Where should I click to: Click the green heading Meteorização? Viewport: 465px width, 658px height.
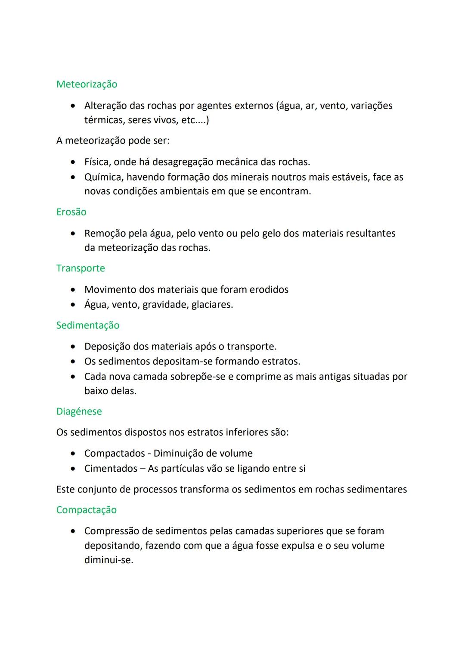pyautogui.click(x=87, y=84)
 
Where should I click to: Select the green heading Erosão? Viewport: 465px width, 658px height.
pyautogui.click(x=71, y=212)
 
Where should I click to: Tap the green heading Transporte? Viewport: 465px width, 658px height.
pyautogui.click(x=81, y=268)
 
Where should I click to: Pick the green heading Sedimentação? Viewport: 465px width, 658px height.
pyautogui.click(x=88, y=325)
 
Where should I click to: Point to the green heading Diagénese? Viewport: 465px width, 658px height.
pyautogui.click(x=79, y=412)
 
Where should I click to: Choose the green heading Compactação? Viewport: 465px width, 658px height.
pyautogui.click(x=86, y=510)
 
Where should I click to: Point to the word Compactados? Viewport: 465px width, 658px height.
pyautogui.click(x=115, y=453)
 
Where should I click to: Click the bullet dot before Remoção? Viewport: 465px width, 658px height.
pyautogui.click(x=74, y=234)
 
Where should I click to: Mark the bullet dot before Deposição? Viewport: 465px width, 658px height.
pyautogui.click(x=74, y=346)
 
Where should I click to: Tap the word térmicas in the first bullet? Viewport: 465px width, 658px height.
pyautogui.click(x=103, y=120)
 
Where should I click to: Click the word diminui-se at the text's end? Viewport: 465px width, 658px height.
pyautogui.click(x=108, y=560)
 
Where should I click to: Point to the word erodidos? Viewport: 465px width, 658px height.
pyautogui.click(x=269, y=290)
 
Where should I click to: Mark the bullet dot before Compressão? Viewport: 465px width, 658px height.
pyautogui.click(x=74, y=531)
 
